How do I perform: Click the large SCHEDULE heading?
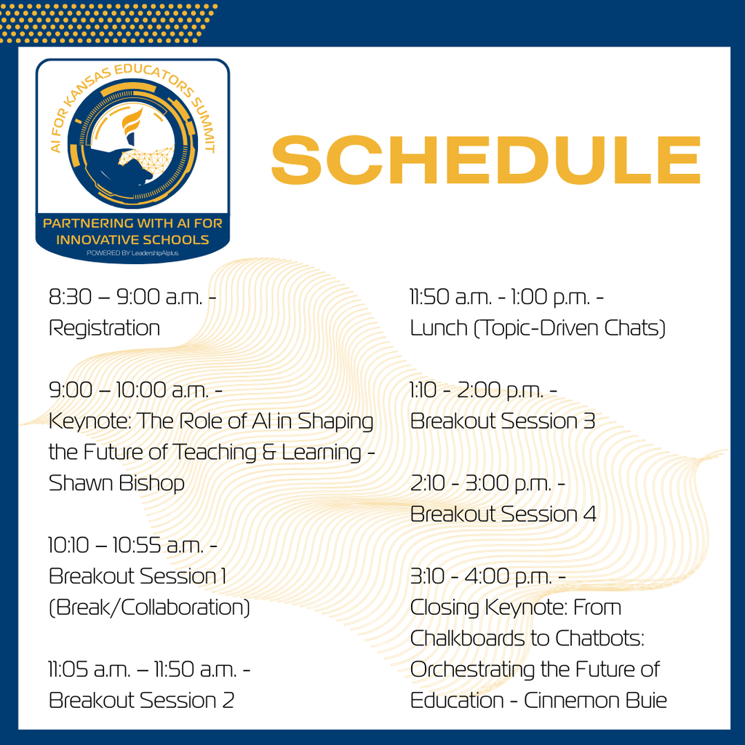click(x=486, y=162)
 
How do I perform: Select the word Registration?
click(x=104, y=328)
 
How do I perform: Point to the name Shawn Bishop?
click(x=116, y=483)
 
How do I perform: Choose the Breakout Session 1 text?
click(x=138, y=576)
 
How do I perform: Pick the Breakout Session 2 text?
click(x=141, y=700)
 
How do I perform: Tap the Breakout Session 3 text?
click(x=503, y=421)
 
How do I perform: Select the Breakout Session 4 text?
click(x=503, y=514)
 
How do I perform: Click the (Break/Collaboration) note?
click(x=149, y=607)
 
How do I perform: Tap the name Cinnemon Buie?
click(x=595, y=700)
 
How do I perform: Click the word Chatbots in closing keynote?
click(x=599, y=638)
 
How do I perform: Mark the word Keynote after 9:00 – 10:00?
click(x=89, y=421)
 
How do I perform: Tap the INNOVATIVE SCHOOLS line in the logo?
click(x=132, y=239)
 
